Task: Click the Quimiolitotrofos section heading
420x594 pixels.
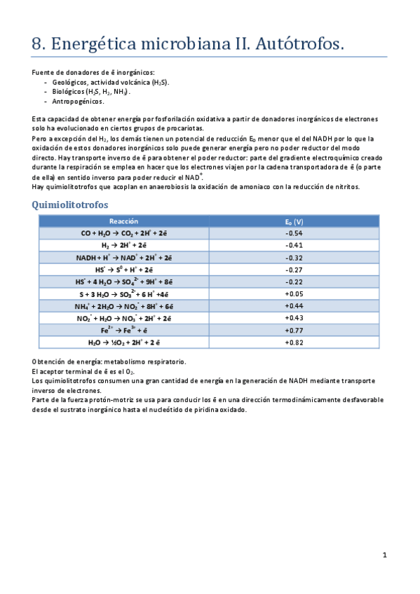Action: pos(70,205)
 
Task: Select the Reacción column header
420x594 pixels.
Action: pos(123,221)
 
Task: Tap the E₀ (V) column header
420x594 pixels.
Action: pos(293,221)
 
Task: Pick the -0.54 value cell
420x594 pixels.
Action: pos(293,233)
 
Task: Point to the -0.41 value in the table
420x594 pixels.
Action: pos(293,245)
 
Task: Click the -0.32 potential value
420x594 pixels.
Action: pos(293,257)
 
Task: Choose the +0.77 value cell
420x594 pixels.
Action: pos(293,330)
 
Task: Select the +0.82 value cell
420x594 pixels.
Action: pos(293,343)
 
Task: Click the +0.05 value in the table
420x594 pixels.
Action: pos(293,293)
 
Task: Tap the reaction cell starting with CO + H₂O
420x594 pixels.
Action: pos(123,233)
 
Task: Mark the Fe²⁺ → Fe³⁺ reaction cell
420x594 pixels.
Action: pos(123,330)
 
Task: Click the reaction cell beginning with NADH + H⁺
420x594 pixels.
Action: pos(123,257)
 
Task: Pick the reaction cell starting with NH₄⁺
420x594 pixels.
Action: pos(123,306)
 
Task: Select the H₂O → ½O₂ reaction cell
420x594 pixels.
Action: pos(123,343)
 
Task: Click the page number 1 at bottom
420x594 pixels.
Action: pos(384,555)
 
